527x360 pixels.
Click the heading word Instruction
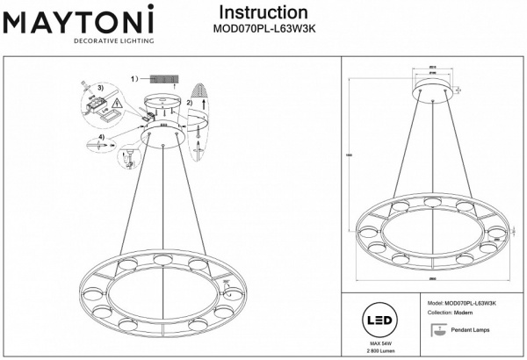pos(263,13)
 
